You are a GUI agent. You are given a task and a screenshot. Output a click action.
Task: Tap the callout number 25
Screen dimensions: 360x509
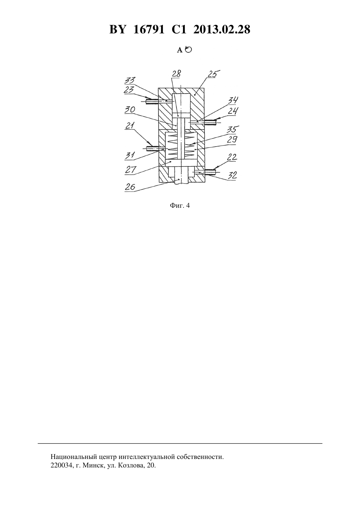(212, 74)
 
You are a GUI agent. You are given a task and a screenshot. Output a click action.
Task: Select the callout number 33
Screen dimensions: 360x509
(130, 80)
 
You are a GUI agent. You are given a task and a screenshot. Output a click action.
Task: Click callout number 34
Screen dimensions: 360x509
(233, 100)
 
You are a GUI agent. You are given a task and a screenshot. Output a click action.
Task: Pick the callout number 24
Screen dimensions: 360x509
(233, 111)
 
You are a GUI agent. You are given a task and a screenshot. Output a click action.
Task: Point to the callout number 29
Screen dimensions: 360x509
(232, 140)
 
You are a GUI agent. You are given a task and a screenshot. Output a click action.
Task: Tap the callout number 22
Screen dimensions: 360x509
(232, 157)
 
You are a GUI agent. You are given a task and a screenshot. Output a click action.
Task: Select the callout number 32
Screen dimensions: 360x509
(232, 175)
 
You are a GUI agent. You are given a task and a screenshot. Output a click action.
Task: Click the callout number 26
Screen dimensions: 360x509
(130, 187)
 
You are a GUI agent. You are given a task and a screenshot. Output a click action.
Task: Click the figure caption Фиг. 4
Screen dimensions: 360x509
(180, 206)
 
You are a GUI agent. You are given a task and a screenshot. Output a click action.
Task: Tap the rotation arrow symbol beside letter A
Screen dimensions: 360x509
(189, 49)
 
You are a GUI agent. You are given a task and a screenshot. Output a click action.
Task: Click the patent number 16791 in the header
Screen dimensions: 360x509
(149, 29)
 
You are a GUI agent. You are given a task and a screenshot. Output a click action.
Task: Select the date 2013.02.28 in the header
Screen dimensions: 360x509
(222, 29)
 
